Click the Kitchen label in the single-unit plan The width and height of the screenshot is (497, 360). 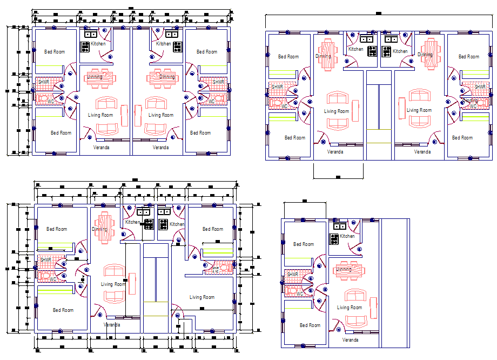[x=347, y=236]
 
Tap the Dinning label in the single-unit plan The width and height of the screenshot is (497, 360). [x=344, y=269]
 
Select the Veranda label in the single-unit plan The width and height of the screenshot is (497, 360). [x=350, y=340]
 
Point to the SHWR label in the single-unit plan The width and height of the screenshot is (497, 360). [x=292, y=275]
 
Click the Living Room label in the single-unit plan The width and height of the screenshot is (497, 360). [x=350, y=308]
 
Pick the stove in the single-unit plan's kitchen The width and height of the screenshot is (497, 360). [x=334, y=238]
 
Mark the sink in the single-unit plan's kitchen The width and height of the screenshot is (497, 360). [x=340, y=226]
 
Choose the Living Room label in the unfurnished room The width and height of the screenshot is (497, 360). [x=202, y=297]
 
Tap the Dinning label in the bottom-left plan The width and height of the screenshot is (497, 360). [x=99, y=229]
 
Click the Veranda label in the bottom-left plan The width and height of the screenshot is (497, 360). [x=112, y=325]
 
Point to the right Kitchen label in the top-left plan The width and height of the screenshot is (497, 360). [x=163, y=44]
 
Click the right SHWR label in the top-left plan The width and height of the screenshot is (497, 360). [x=218, y=82]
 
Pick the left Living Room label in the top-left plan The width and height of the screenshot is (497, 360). [x=100, y=115]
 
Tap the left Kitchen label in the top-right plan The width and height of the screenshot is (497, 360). [x=355, y=49]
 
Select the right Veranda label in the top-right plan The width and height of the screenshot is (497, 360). [x=422, y=152]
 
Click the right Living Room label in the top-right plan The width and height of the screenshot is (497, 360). [x=419, y=110]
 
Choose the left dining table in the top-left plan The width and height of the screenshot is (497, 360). [x=101, y=77]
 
